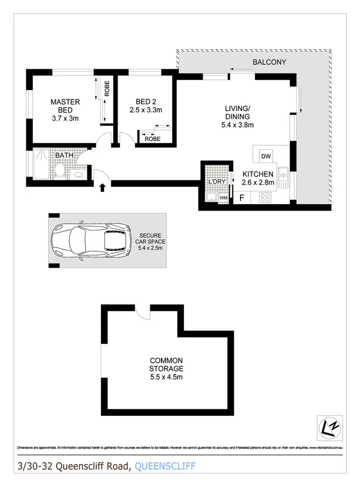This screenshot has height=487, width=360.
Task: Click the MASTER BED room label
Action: click(x=65, y=106)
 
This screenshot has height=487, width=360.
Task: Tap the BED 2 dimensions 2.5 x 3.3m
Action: click(x=146, y=110)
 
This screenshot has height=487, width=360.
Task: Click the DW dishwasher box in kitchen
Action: click(x=265, y=156)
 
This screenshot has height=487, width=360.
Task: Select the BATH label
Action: click(x=63, y=156)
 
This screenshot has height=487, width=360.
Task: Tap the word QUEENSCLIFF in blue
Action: click(x=166, y=466)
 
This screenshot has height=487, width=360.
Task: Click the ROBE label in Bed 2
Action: click(x=153, y=139)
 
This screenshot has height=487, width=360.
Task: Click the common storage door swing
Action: click(x=143, y=311)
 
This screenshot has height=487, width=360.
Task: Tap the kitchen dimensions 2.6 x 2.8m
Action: click(x=258, y=182)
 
